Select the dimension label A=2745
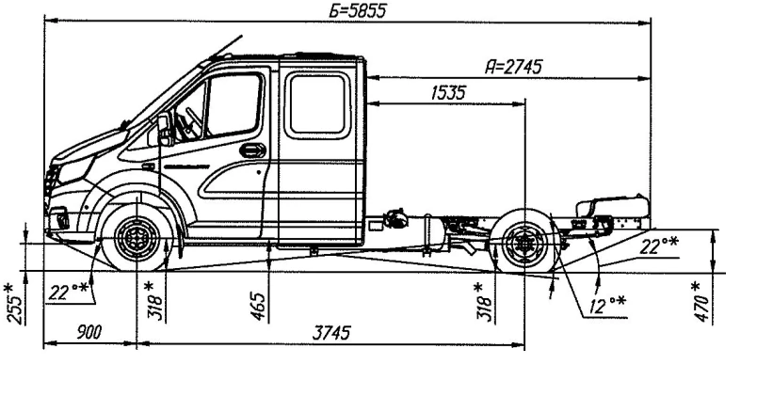[513, 66]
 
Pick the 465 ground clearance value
[261, 306]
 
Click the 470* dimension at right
[697, 301]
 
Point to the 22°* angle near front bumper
[66, 292]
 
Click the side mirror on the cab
[164, 126]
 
